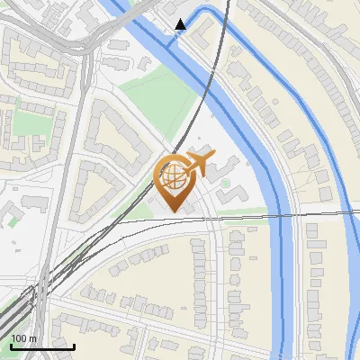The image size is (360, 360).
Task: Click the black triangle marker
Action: (180, 24)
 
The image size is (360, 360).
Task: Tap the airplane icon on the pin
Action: (197, 165)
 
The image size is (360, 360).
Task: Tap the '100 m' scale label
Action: (23, 338)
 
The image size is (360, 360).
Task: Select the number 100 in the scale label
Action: (19, 338)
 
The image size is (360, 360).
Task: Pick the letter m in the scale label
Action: (32, 338)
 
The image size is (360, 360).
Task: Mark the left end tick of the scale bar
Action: (10, 346)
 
